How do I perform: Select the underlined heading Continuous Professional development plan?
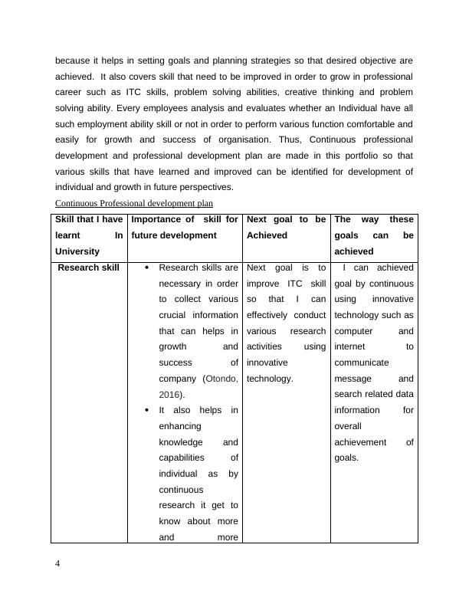134,203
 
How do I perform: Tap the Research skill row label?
88,268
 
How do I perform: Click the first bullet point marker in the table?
147,268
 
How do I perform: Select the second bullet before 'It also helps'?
147,411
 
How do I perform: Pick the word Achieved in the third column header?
266,236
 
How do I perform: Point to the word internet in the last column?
352,347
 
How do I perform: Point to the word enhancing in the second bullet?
180,426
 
